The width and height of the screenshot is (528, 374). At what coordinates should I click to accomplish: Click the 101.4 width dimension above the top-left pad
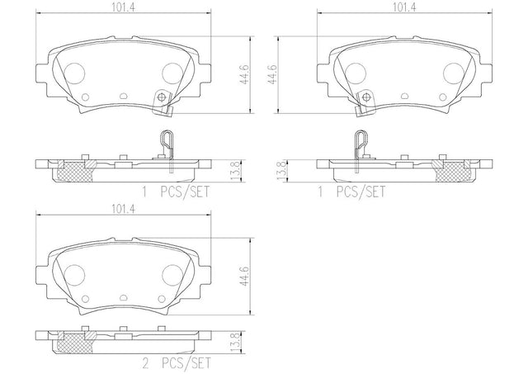click(x=124, y=7)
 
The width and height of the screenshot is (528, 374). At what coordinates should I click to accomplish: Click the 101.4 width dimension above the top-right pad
click(x=404, y=7)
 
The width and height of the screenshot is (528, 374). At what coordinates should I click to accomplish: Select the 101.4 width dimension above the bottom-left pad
click(x=124, y=209)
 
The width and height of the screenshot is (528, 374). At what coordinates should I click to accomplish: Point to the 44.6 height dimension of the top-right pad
click(x=272, y=74)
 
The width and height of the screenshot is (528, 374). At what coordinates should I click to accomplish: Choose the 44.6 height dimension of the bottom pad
click(x=245, y=277)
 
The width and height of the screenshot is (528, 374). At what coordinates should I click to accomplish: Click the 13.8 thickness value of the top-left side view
click(x=237, y=171)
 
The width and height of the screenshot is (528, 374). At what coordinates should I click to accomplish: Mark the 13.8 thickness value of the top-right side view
click(x=281, y=171)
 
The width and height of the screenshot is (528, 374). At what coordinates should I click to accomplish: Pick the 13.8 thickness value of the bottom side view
click(x=237, y=343)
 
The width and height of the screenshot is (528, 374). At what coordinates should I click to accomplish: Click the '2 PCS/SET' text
click(x=176, y=363)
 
